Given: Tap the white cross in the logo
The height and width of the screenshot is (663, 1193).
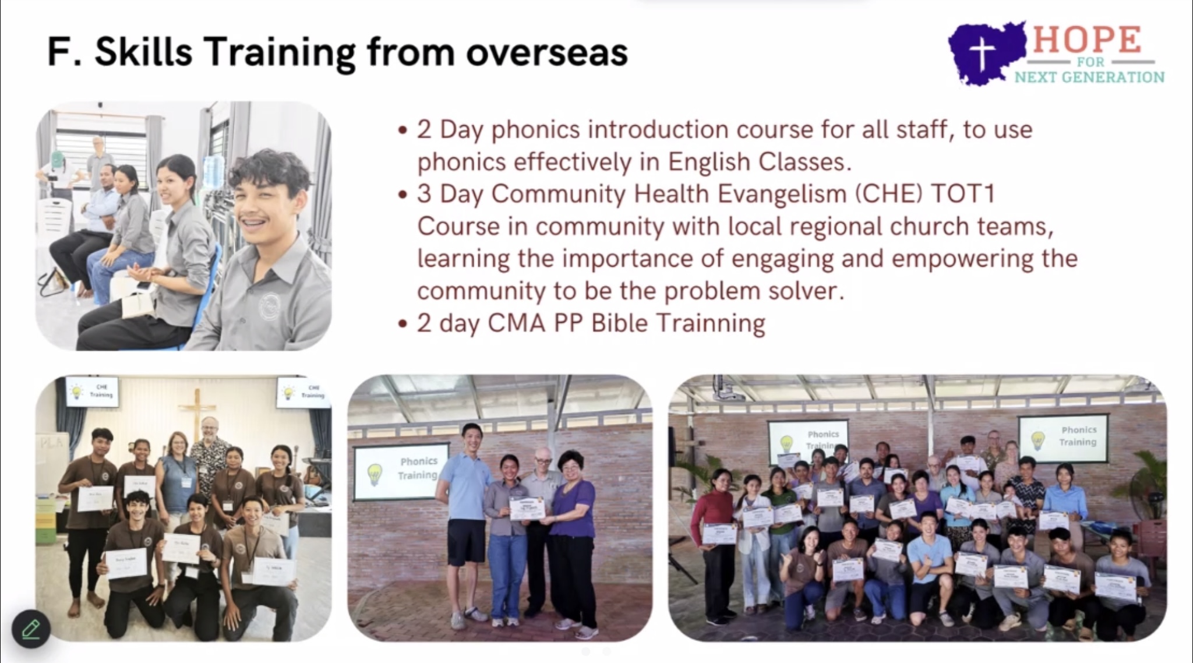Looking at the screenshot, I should pyautogui.click(x=983, y=54).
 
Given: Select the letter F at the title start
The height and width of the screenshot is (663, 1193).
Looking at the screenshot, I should pyautogui.click(x=58, y=52).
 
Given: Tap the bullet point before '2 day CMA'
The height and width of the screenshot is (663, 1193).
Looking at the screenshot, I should pyautogui.click(x=403, y=324).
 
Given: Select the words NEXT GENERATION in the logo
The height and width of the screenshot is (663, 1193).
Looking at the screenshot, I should pyautogui.click(x=1089, y=77).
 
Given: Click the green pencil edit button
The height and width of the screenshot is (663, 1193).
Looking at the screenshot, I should pyautogui.click(x=31, y=629).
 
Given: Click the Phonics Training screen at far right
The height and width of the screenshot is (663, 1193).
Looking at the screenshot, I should pyautogui.click(x=1063, y=438).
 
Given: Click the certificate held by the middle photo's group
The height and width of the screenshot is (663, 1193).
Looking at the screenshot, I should pyautogui.click(x=527, y=508).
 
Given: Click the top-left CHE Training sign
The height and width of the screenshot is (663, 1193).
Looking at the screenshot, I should pyautogui.click(x=92, y=391).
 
